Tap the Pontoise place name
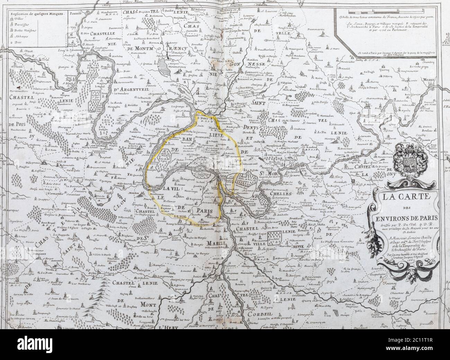pyautogui.click(x=76, y=15)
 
